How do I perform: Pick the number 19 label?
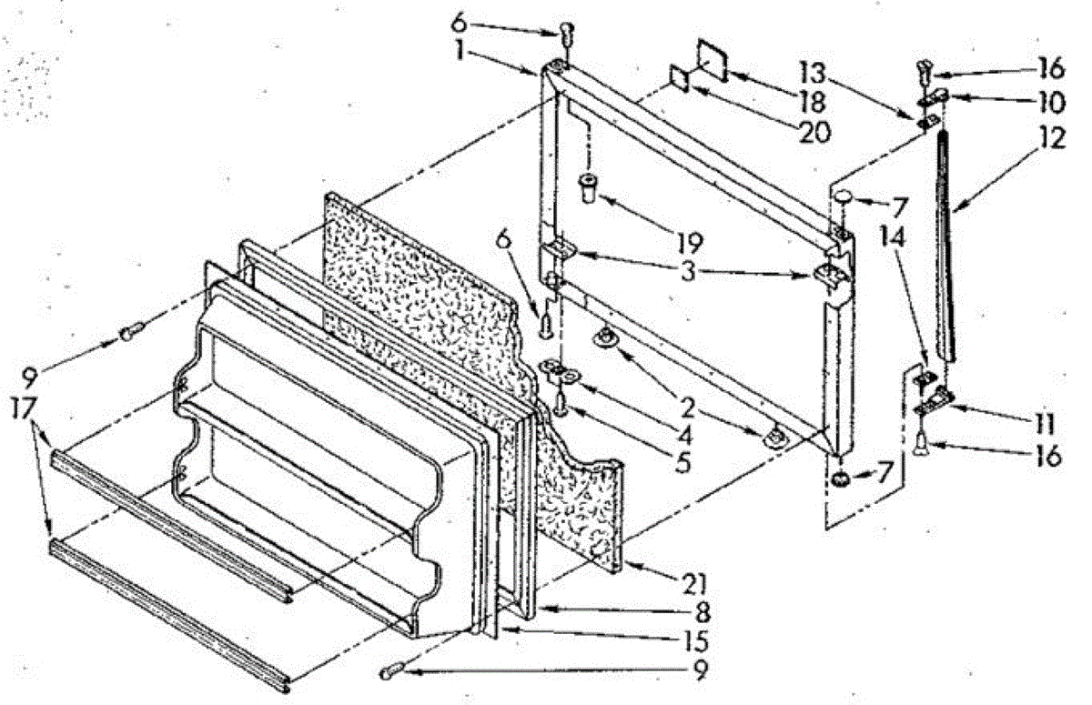pyautogui.click(x=688, y=243)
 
